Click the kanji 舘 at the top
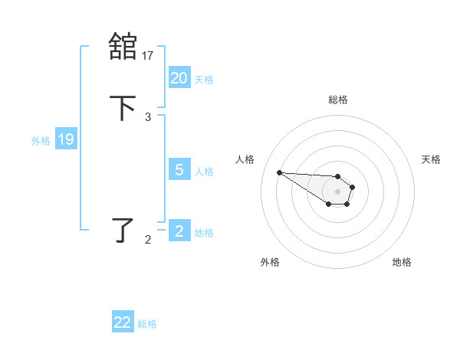(123, 46)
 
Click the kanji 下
(123, 108)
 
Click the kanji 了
(123, 230)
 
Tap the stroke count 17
(148, 55)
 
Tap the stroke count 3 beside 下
(148, 116)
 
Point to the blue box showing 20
(179, 78)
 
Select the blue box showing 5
(179, 170)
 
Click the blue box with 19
(65, 139)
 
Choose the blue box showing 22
(123, 323)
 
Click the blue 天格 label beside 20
(204, 79)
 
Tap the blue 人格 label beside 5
(204, 171)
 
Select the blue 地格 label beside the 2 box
(204, 232)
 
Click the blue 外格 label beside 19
(41, 140)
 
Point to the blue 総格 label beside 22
(147, 324)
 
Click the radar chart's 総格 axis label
(338, 100)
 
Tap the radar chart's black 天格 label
(431, 159)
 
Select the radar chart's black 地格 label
(402, 262)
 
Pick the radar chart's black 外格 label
(270, 262)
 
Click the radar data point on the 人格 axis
(279, 172)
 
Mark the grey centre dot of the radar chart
(337, 191)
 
